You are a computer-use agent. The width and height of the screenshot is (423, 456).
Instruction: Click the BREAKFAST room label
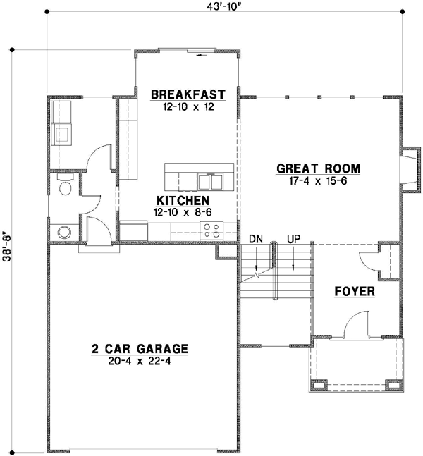[188, 94]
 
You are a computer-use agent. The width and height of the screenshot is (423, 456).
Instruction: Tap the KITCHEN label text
[181, 201]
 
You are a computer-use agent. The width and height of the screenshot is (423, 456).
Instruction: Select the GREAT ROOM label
[318, 169]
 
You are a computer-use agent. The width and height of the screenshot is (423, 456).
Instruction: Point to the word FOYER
[354, 291]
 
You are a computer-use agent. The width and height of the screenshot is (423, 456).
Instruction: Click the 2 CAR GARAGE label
[140, 348]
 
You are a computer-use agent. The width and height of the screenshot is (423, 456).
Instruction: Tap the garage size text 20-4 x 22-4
[140, 360]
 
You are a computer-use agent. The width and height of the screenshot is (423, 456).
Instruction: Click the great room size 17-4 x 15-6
[318, 181]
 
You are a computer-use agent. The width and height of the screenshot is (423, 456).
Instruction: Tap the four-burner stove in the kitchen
[212, 230]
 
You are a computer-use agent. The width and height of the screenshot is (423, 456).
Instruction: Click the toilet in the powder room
[65, 187]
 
